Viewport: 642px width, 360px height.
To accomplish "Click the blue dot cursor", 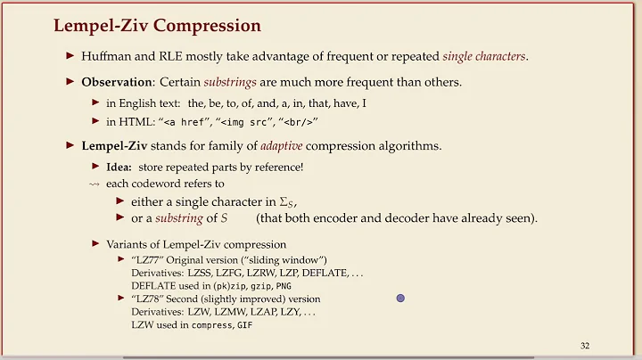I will [400, 299].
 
